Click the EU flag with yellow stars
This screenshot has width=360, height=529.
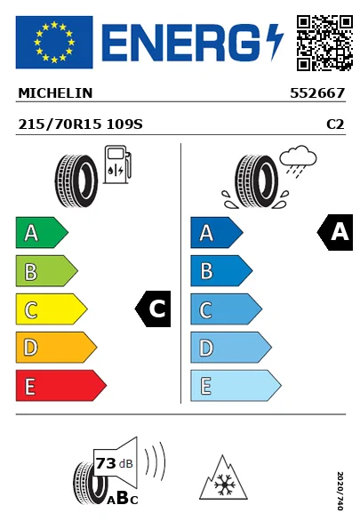point(54,42)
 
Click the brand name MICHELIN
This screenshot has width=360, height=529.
point(55,92)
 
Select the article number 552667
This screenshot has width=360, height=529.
point(317,92)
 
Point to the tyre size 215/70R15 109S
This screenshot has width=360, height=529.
point(80,125)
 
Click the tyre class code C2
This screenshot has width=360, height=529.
point(335,125)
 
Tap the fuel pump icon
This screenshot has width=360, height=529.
point(116,166)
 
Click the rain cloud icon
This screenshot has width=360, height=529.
point(298,159)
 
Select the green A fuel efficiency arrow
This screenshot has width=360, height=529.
point(40,233)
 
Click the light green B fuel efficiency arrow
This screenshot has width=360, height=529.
point(45,271)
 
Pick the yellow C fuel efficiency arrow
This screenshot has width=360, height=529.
point(50,309)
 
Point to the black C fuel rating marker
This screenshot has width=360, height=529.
point(153,309)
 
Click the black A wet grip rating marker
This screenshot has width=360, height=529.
point(336,233)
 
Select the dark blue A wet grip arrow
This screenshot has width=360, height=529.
point(215,233)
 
